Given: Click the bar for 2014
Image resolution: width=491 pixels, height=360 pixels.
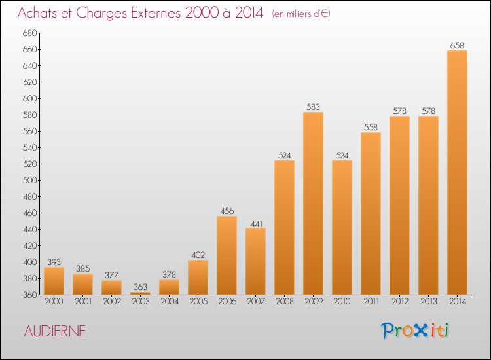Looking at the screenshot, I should tap(457, 173).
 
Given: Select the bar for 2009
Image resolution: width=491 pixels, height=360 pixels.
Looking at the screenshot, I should tap(313, 204).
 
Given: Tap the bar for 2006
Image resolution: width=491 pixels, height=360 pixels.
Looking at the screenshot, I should tap(227, 255).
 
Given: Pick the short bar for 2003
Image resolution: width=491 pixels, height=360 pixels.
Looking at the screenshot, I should tap(140, 293).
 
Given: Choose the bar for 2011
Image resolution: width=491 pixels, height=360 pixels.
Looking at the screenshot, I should tap(371, 213).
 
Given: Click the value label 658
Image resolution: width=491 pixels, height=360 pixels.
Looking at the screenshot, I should tap(457, 45).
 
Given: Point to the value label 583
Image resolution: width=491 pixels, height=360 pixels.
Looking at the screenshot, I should tap(313, 107).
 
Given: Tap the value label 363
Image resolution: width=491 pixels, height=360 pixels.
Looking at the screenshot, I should tap(140, 287).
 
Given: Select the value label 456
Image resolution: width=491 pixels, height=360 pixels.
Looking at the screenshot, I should tap(227, 211).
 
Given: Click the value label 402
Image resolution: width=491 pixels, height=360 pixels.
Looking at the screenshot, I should tap(198, 255).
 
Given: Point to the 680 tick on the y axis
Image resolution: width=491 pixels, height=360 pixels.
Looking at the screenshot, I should tap(29, 33).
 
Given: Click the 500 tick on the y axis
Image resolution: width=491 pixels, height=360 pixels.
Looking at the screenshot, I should tap(29, 181).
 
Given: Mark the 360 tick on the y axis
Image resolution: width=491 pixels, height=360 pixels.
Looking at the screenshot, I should tap(29, 295).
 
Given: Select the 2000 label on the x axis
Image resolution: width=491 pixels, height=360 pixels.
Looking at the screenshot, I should tap(54, 303).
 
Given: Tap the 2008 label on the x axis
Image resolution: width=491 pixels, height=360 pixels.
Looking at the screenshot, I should tap(284, 303).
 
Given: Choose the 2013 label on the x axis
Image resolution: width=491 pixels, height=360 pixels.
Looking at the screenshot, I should tap(428, 303).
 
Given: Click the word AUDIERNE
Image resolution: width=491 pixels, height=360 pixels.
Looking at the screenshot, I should tap(54, 331).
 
